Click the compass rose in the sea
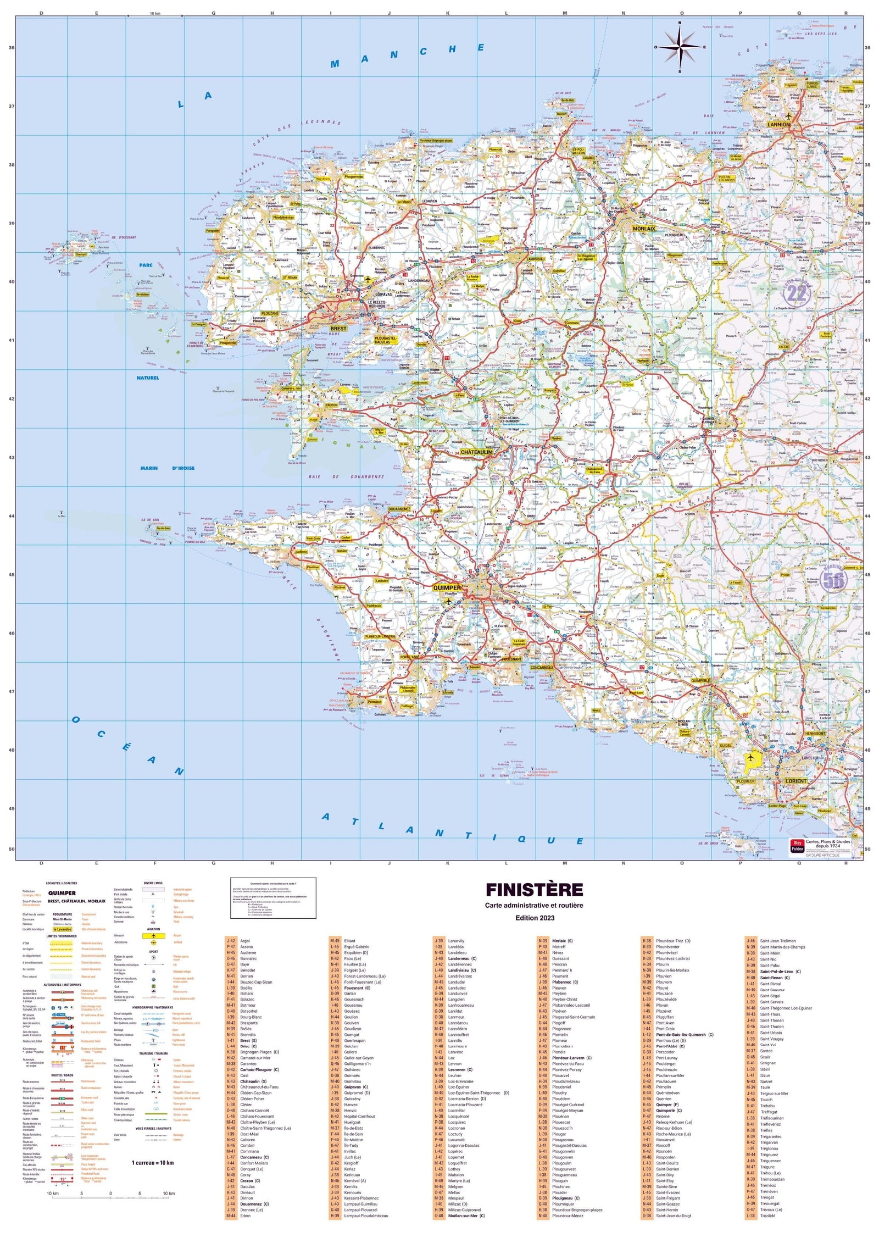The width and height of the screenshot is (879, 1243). pyautogui.click(x=680, y=47)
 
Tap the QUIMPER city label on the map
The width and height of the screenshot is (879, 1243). pyautogui.click(x=447, y=587)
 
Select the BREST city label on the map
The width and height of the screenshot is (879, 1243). pyautogui.click(x=338, y=329)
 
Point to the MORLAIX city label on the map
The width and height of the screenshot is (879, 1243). pyautogui.click(x=644, y=228)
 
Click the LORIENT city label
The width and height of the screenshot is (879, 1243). pyautogui.click(x=796, y=781)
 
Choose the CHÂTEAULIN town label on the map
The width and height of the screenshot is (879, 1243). pyautogui.click(x=476, y=452)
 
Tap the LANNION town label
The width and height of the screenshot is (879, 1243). pyautogui.click(x=778, y=125)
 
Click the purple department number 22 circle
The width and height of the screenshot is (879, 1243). pyautogui.click(x=796, y=294)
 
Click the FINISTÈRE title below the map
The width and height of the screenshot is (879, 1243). pyautogui.click(x=534, y=890)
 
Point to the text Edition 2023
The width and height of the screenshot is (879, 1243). pyautogui.click(x=535, y=918)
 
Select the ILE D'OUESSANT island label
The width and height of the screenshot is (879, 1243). pyautogui.click(x=123, y=237)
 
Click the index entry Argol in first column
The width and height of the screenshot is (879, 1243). pyautogui.click(x=245, y=941)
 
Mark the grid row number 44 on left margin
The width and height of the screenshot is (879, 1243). pyautogui.click(x=12, y=516)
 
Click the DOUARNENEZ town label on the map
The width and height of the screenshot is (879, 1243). pyautogui.click(x=399, y=509)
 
